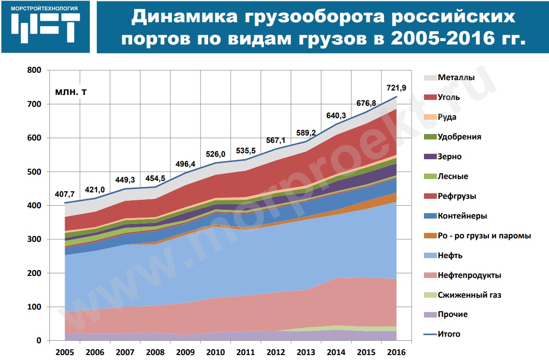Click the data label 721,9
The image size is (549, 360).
[396, 89]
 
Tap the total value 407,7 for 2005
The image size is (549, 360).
[65, 194]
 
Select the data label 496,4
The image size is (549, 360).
[186, 164]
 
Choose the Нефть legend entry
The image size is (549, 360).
[450, 256]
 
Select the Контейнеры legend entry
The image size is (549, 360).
[463, 216]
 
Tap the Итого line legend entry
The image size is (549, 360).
[449, 334]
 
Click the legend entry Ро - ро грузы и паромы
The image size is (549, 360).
[484, 236]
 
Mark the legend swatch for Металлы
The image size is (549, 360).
[430, 78]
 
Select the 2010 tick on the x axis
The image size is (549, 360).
[216, 352]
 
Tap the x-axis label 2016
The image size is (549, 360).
[396, 352]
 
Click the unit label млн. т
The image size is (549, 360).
[70, 92]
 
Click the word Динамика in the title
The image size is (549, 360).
[183, 18]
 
